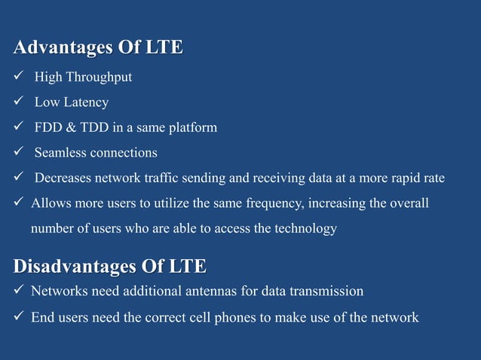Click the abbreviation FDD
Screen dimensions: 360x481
click(x=48, y=127)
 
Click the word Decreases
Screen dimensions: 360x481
click(x=64, y=178)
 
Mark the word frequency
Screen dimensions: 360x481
click(x=283, y=203)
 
